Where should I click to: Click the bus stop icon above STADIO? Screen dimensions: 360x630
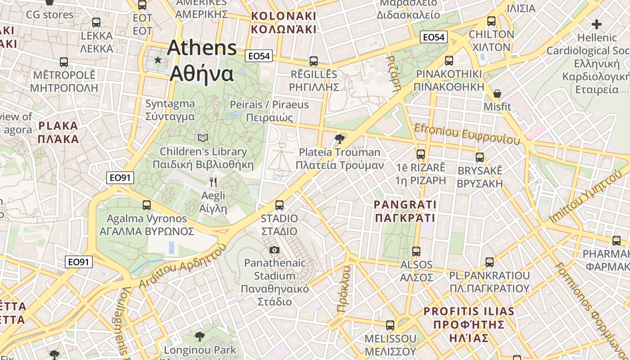(x=279, y=205)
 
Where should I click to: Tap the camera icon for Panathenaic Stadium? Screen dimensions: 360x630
(x=274, y=250)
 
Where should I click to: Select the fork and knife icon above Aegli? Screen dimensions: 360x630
(x=213, y=182)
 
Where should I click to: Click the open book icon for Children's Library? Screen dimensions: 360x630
(x=203, y=138)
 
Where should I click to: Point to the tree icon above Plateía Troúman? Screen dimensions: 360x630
(x=340, y=139)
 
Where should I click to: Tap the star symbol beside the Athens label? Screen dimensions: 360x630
(x=158, y=60)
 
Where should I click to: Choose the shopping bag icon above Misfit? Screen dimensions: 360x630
(x=497, y=94)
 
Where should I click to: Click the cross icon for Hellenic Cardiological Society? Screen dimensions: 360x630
(x=597, y=24)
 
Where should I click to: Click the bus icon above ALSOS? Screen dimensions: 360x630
(x=416, y=251)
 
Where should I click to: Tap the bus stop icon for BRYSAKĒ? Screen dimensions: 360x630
(x=480, y=157)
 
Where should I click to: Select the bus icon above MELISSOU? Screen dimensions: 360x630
(x=390, y=325)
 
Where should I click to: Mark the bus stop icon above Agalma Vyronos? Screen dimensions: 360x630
(x=146, y=205)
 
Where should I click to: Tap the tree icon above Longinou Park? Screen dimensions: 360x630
(x=199, y=336)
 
